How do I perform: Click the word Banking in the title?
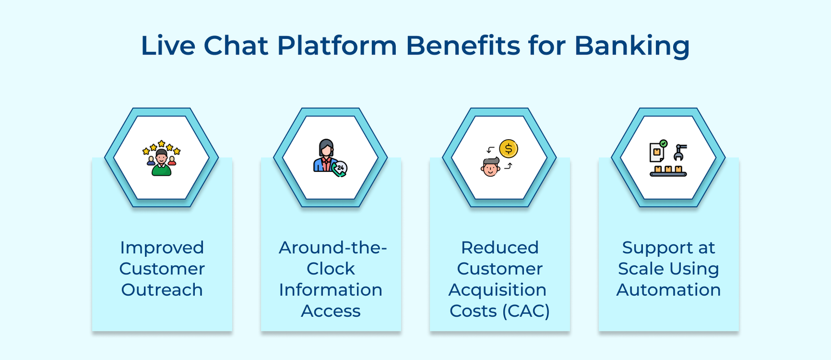tap(632, 46)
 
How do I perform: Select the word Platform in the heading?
tap(337, 46)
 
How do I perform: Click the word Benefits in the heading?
tap(463, 46)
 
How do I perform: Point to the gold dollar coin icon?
tap(508, 149)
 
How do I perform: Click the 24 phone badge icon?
tap(341, 168)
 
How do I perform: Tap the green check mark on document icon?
tap(663, 143)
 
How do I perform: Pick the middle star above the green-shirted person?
tap(162, 143)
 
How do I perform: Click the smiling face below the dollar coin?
tap(490, 168)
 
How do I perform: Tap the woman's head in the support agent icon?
tap(326, 148)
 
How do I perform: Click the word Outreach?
tap(162, 290)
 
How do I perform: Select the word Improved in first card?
tap(162, 248)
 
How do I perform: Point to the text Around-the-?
tap(332, 248)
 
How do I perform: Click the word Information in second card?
tap(330, 290)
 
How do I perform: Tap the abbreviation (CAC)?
tap(526, 311)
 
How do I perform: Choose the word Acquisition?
tap(498, 290)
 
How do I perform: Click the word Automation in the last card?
tap(668, 290)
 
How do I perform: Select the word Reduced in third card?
tap(500, 248)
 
